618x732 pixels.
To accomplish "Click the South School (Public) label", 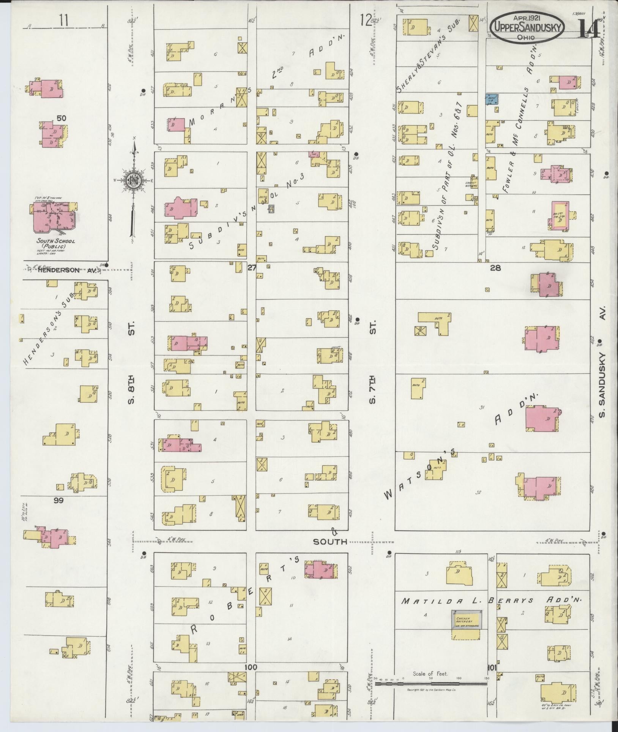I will tap(56, 243).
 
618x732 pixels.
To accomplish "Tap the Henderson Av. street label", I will tap(65, 270).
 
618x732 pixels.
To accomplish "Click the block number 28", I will tap(495, 268).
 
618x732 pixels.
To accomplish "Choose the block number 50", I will tap(61, 118).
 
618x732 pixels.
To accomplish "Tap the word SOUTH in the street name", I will tap(330, 542).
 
